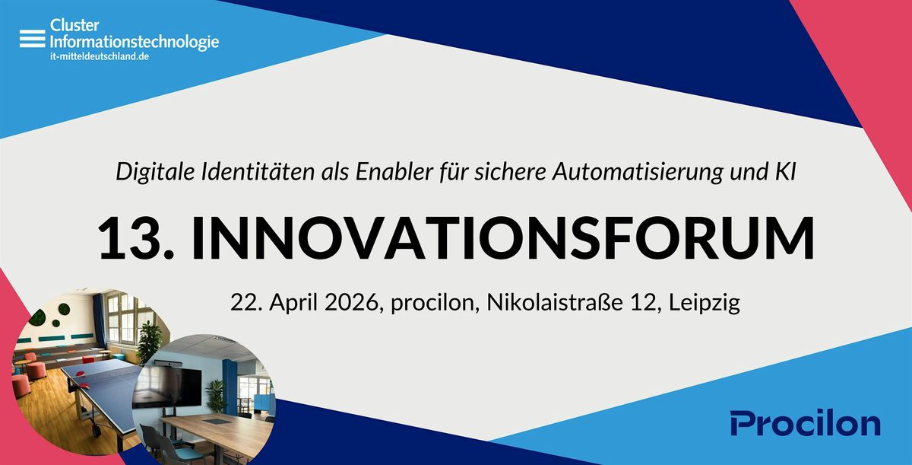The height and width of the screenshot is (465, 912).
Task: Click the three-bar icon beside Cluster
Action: (33, 39)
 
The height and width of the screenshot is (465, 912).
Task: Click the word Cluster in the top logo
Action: (74, 25)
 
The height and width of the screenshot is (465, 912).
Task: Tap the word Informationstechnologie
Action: (135, 42)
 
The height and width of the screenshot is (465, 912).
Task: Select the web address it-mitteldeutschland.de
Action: (100, 56)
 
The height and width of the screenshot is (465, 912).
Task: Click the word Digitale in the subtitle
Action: (155, 171)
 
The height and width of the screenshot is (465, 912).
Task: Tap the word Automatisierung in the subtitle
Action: (638, 171)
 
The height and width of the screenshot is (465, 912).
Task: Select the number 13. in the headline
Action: (136, 238)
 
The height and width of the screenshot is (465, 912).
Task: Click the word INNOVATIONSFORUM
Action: (503, 238)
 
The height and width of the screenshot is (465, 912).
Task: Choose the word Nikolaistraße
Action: (555, 302)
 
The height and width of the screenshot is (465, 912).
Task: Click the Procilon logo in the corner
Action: (806, 423)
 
